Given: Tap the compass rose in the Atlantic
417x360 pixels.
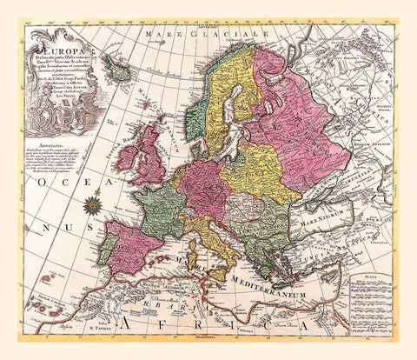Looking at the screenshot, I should click(91, 205).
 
